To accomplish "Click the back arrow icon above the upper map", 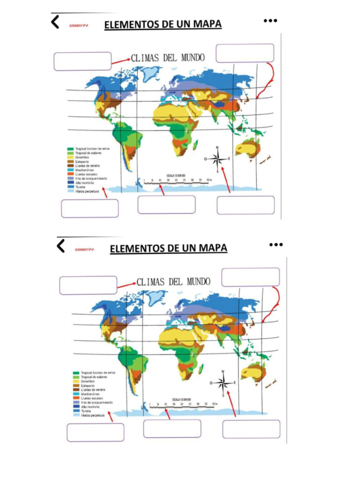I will click(55, 22).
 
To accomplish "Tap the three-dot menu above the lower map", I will click(276, 244).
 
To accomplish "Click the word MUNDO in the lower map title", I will click(198, 282).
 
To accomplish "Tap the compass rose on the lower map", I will click(224, 382).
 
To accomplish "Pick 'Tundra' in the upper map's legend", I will click(80, 187).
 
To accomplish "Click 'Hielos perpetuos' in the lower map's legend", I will click(92, 415).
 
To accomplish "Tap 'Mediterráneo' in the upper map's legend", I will click(85, 170).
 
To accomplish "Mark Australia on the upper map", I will click(247, 149).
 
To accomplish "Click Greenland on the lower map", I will click(155, 297).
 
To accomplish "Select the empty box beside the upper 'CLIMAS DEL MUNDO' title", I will click(82, 61).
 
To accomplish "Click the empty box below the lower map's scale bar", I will click(172, 428).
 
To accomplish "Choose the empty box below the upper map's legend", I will click(90, 208).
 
